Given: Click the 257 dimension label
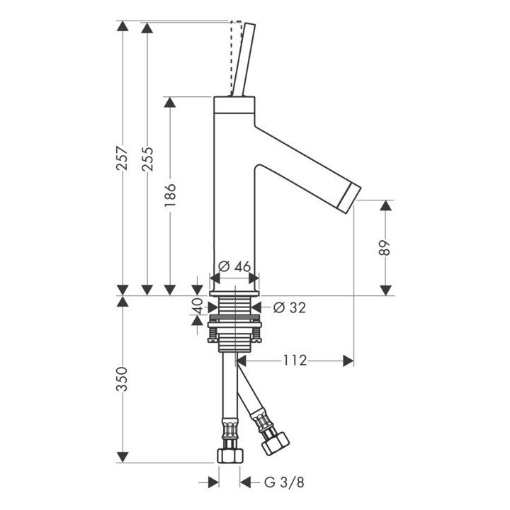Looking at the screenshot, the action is click(123, 159).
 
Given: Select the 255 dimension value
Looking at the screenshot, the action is click(147, 159).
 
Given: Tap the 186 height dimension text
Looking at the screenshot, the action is click(170, 195).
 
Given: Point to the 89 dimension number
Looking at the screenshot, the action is click(385, 248).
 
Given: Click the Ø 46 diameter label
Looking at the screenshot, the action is click(234, 267).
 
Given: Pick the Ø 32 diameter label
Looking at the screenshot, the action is click(290, 307).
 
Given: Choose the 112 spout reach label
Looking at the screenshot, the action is click(295, 361).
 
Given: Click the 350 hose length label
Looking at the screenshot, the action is click(123, 379).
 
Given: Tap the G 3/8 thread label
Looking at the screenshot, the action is click(284, 482).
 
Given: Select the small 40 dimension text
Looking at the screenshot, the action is click(197, 306).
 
